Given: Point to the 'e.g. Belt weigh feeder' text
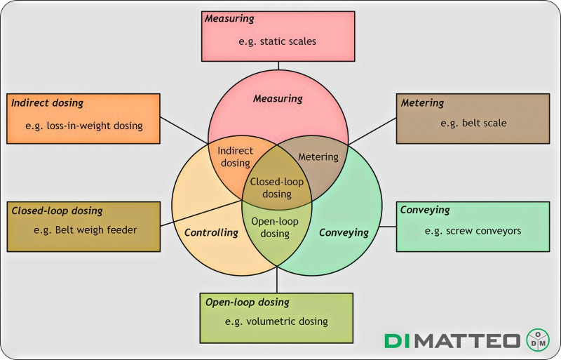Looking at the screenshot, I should pyautogui.click(x=86, y=229).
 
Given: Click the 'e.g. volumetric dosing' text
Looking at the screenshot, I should pyautogui.click(x=276, y=321).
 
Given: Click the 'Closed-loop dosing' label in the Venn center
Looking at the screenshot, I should pyautogui.click(x=278, y=188).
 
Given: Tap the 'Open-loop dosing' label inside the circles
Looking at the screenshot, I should pyautogui.click(x=276, y=227).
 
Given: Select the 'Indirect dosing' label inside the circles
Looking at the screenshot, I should pyautogui.click(x=235, y=156).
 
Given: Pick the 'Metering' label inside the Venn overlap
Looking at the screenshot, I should pyautogui.click(x=318, y=156).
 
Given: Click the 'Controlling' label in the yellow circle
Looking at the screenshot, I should pyautogui.click(x=211, y=232).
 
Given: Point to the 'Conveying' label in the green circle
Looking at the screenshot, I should pyautogui.click(x=344, y=232).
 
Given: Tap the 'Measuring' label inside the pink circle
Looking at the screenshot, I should pyautogui.click(x=278, y=99).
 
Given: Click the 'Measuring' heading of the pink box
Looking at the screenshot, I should pyautogui.click(x=229, y=18).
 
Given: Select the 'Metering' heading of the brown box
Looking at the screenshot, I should pyautogui.click(x=422, y=103).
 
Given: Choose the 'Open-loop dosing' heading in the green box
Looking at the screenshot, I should pyautogui.click(x=247, y=302).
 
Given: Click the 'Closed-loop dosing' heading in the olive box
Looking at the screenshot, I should pyautogui.click(x=58, y=211).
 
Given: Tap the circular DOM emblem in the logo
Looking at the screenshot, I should pyautogui.click(x=538, y=340).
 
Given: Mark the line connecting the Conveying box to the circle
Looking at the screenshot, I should pyautogui.click(x=388, y=227).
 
